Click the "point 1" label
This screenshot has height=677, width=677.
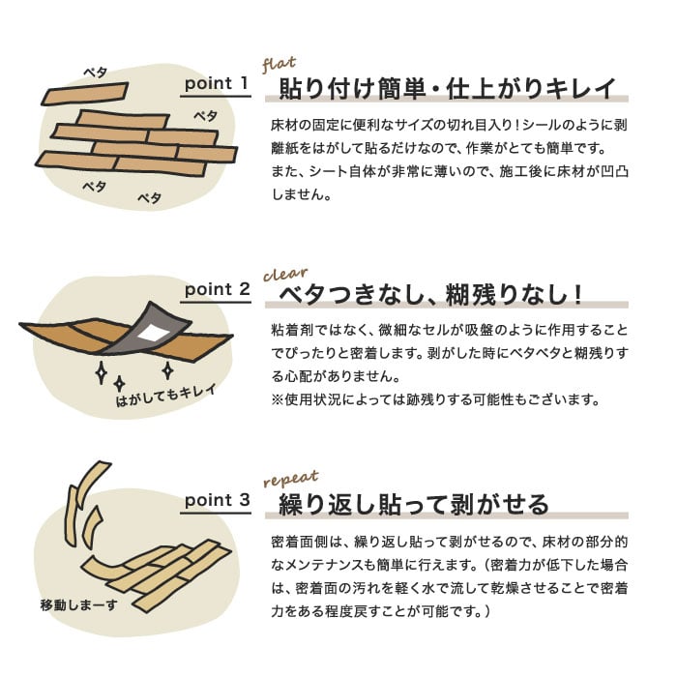coord(217,83)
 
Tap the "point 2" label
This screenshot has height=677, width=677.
coord(218,289)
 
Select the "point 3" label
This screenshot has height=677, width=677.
coord(218,500)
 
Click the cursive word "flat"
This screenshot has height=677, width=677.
coord(279,64)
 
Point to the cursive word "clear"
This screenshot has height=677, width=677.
coord(285,274)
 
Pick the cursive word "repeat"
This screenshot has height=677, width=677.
coord(290,479)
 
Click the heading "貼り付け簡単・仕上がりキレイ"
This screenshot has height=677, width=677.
coord(447,89)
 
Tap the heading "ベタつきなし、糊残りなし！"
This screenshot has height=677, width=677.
coord(430,295)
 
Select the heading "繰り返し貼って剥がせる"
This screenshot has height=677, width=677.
coord(414,505)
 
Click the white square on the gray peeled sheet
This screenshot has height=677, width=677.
coord(153,333)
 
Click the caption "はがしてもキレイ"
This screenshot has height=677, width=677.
coord(166,395)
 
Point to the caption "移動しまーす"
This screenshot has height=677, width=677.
coord(78,605)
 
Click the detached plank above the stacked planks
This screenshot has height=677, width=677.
coord(85,93)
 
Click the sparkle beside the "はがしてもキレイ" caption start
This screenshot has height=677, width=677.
coord(119,383)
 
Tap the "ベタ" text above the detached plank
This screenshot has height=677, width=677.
coord(95,73)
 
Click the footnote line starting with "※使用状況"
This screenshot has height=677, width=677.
coord(435,399)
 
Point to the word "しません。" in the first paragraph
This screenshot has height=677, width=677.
coord(301,194)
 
